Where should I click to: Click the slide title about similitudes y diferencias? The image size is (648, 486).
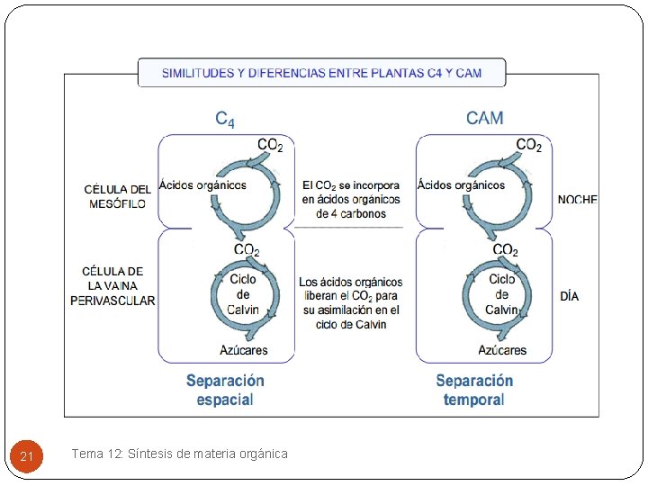pyautogui.click(x=321, y=73)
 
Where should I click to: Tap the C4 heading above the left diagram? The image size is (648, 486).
pyautogui.click(x=225, y=118)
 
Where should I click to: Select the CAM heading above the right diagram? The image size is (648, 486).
pyautogui.click(x=484, y=118)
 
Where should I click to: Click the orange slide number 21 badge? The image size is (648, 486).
pyautogui.click(x=26, y=456)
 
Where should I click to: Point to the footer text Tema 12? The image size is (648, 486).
pyautogui.click(x=179, y=454)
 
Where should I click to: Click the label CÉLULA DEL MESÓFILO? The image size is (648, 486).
pyautogui.click(x=117, y=196)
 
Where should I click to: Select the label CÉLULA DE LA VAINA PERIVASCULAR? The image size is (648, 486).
pyautogui.click(x=112, y=286)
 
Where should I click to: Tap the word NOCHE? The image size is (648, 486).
pyautogui.click(x=577, y=200)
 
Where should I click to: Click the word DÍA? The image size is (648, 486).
pyautogui.click(x=569, y=295)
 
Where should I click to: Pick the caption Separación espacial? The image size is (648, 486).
pyautogui.click(x=225, y=390)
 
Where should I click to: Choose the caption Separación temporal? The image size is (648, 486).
pyautogui.click(x=474, y=390)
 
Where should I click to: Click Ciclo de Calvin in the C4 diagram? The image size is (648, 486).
pyautogui.click(x=243, y=294)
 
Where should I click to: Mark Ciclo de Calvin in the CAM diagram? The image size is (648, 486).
pyautogui.click(x=501, y=294)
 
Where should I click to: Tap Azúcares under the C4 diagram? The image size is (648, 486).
pyautogui.click(x=243, y=350)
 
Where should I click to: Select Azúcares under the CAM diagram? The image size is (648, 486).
pyautogui.click(x=502, y=350)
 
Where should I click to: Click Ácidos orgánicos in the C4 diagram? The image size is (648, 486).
pyautogui.click(x=202, y=185)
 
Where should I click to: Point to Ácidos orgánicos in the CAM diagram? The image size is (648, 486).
pyautogui.click(x=461, y=185)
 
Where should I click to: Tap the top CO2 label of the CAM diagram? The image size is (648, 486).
pyautogui.click(x=528, y=145)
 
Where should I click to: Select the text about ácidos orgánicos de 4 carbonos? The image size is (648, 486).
pyautogui.click(x=351, y=199)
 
